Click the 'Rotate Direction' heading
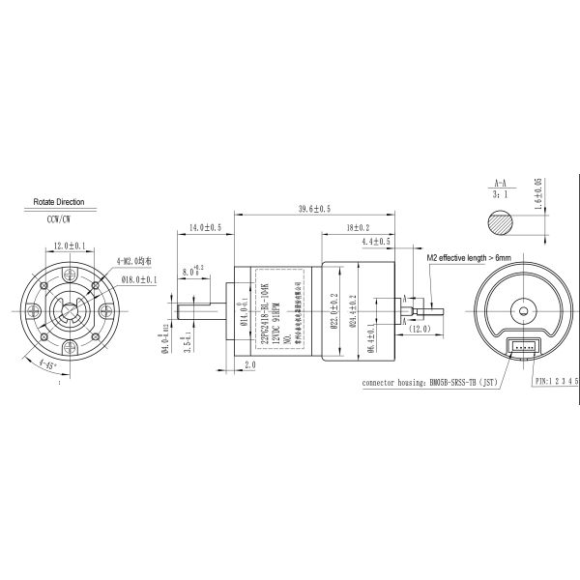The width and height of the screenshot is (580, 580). (x=59, y=202)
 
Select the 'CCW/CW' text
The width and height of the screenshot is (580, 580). (x=60, y=220)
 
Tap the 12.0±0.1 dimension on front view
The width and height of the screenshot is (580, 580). (x=69, y=246)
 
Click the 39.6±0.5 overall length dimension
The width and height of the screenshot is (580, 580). (x=314, y=209)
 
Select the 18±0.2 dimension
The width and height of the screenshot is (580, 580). (x=357, y=227)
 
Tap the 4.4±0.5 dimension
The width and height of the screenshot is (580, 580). (x=376, y=241)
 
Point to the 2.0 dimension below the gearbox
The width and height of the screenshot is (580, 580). (x=250, y=365)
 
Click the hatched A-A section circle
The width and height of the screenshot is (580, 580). (x=501, y=225)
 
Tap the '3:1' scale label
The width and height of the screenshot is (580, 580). (x=500, y=193)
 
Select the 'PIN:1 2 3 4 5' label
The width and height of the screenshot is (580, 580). (x=545, y=382)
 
